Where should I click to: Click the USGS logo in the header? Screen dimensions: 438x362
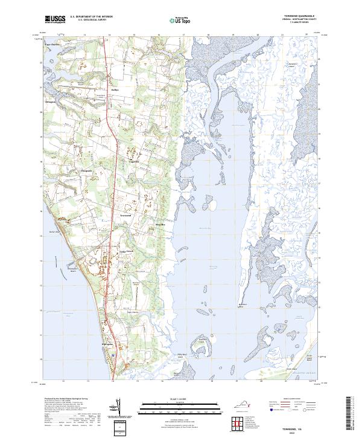[x=54, y=19]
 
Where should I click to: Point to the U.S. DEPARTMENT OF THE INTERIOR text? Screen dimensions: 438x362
[x=91, y=17]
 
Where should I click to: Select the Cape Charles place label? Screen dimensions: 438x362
[x=52, y=61]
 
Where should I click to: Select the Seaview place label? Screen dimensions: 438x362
[x=126, y=214]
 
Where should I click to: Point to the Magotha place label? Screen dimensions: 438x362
[x=160, y=224]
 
